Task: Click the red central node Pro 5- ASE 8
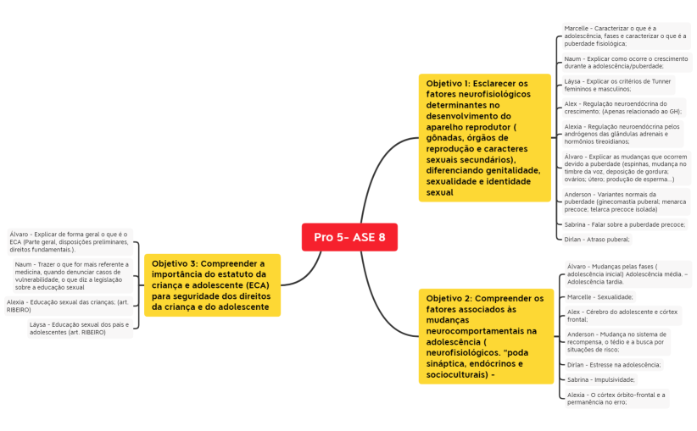349,237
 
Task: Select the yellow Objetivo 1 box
484,138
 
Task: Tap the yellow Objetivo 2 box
484,336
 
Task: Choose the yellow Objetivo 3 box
212,285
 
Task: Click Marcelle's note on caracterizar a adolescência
626,36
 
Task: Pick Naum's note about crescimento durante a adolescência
627,62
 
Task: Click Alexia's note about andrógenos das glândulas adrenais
622,134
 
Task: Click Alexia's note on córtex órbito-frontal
616,398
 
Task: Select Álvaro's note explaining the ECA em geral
70,241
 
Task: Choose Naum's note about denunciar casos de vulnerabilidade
71,275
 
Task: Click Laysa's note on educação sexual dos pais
80,329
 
